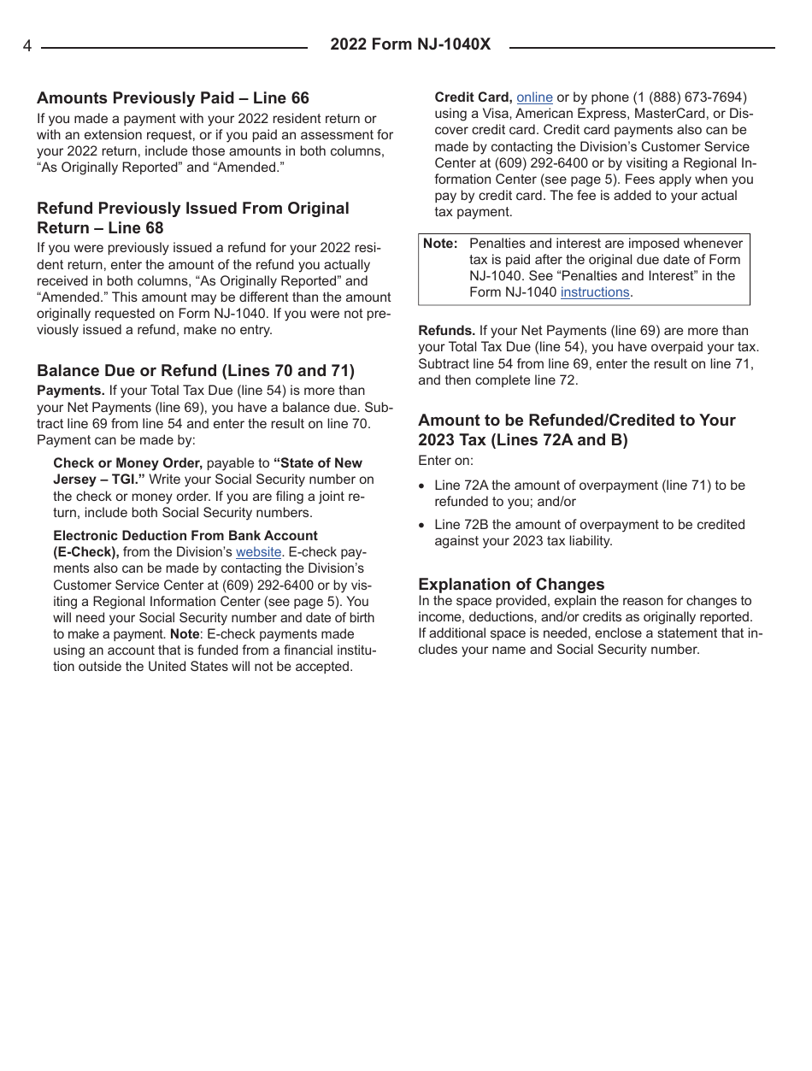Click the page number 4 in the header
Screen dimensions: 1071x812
click(27, 46)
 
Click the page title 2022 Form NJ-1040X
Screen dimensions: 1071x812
click(410, 44)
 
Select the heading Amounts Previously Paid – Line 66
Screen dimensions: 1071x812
click(173, 98)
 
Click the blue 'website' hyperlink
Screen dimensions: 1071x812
click(258, 552)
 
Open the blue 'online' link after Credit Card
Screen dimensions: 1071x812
click(534, 97)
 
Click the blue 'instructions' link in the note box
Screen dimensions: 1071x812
click(595, 292)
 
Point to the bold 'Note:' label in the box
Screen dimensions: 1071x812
click(440, 244)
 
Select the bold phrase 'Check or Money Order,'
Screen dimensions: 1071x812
click(127, 463)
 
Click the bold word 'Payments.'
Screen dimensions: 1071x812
click(70, 391)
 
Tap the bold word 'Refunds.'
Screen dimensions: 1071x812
click(446, 331)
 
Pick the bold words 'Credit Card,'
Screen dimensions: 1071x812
click(474, 97)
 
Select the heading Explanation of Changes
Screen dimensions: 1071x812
click(511, 584)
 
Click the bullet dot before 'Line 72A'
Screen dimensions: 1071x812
click(422, 486)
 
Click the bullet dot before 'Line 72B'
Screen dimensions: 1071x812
click(422, 526)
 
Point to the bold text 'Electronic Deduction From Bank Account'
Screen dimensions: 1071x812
click(185, 536)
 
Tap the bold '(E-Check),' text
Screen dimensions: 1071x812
click(86, 552)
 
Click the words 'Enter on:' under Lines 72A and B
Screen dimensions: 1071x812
click(445, 461)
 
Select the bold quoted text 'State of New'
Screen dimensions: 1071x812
click(318, 463)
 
